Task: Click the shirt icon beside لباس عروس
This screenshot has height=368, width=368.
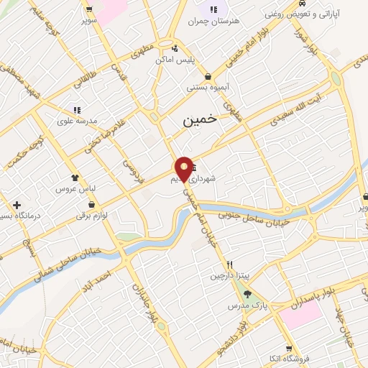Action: (74, 176)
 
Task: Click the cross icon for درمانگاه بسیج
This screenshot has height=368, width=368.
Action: (16, 205)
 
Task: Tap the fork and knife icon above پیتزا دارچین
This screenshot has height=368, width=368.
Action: (229, 264)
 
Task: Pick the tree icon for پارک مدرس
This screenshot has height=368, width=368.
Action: (248, 293)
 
